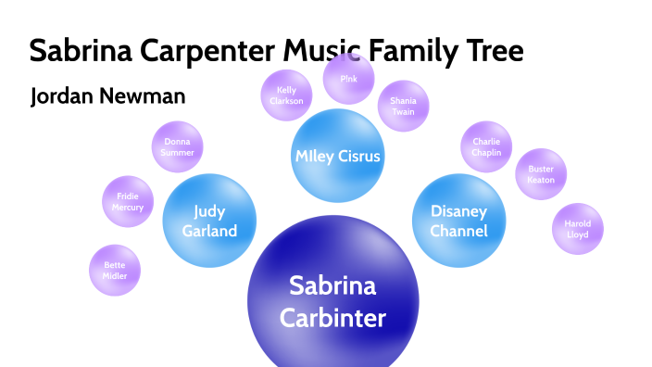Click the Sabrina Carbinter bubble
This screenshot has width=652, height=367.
(332, 301)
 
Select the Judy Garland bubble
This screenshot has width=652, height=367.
(209, 221)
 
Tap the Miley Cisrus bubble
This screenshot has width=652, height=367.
(337, 156)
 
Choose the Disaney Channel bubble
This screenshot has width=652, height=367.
(458, 221)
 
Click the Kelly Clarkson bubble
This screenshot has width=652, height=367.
(286, 95)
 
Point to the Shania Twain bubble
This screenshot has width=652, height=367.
(403, 107)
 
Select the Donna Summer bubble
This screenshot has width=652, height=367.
(177, 147)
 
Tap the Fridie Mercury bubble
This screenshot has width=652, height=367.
(130, 201)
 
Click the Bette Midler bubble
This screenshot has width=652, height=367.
(115, 271)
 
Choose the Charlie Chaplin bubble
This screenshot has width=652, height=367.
(486, 147)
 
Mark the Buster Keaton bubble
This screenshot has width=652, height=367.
(541, 174)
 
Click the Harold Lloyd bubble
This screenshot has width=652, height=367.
(577, 228)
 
